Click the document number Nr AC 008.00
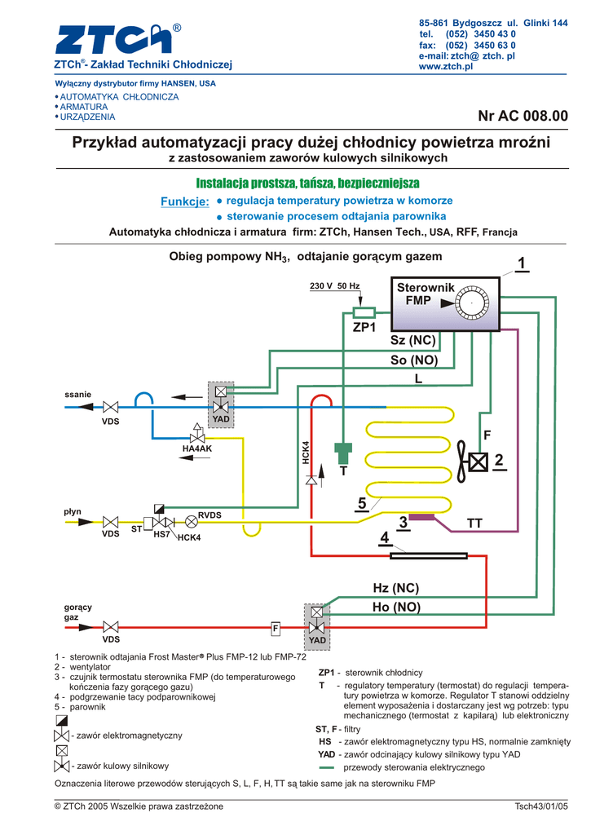[x=523, y=117]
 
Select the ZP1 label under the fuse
[x=364, y=328]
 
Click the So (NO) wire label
[x=414, y=360]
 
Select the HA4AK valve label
[x=196, y=448]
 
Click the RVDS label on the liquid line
[x=210, y=515]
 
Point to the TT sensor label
[x=474, y=522]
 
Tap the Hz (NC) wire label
[x=395, y=588]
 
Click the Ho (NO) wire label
[x=396, y=607]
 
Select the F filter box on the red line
[x=276, y=629]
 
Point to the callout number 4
[x=384, y=538]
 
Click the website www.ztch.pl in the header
[x=446, y=66]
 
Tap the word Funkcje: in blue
[x=185, y=201]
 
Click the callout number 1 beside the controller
[x=521, y=263]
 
